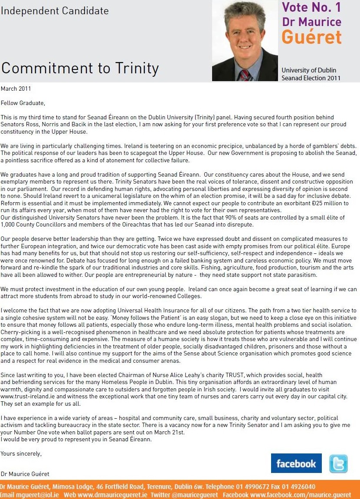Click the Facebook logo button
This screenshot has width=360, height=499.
click(x=296, y=463)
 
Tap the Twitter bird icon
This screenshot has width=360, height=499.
click(x=338, y=463)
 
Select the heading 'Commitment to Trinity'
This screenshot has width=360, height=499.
click(x=80, y=68)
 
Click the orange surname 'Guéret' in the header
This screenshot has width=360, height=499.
click(x=311, y=37)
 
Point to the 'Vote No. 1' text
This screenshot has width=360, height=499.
click(x=311, y=7)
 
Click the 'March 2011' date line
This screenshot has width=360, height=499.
click(x=16, y=89)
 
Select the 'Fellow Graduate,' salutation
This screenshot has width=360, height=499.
click(x=23, y=103)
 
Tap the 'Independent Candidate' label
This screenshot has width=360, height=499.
click(x=55, y=11)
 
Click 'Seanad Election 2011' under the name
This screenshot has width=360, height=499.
click(x=311, y=78)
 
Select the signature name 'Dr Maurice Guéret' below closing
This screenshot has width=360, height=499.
click(x=26, y=474)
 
